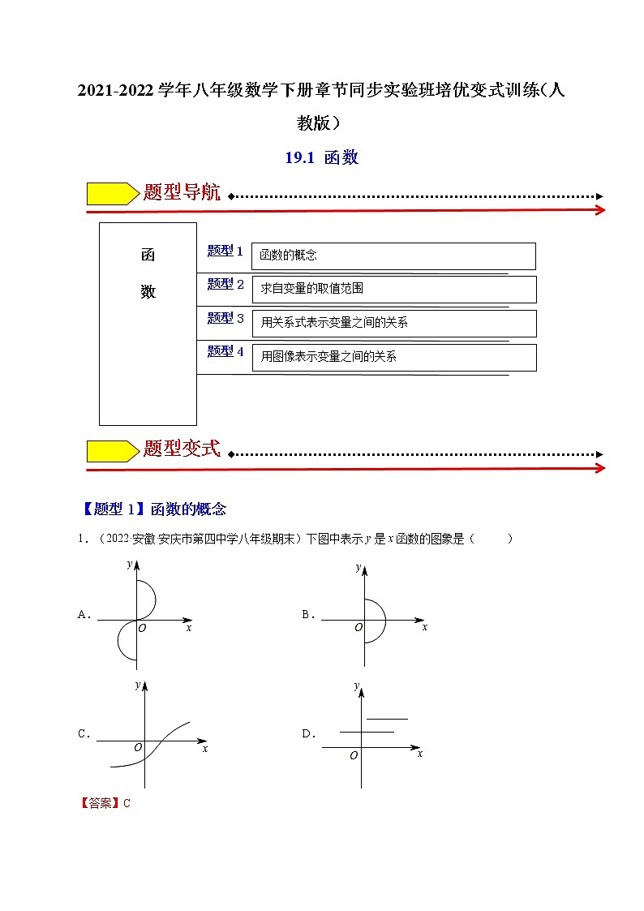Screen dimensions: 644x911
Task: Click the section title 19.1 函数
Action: pos(321,158)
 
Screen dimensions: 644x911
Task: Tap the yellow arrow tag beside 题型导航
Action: pos(112,193)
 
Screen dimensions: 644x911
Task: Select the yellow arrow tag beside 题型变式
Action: pos(112,450)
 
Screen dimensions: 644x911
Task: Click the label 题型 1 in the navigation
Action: pos(225,251)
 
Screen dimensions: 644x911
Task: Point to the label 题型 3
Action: pos(225,318)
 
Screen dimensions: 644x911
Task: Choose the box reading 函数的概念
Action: pos(393,256)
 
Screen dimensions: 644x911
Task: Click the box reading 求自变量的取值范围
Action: pos(393,289)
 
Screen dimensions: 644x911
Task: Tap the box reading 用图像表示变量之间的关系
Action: pos(393,357)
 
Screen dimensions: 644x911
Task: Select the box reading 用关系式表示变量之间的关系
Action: pos(393,323)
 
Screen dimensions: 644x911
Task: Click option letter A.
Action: pos(82,615)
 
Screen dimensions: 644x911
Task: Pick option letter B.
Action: pos(307,615)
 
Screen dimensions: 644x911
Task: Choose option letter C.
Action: pos(82,734)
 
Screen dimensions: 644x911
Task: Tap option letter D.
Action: pos(307,734)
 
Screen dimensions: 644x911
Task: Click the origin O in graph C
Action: pos(138,747)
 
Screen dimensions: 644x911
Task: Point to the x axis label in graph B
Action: pos(424,628)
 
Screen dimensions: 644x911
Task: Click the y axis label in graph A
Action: pos(129,564)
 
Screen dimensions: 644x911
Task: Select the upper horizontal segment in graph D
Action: pos(387,719)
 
